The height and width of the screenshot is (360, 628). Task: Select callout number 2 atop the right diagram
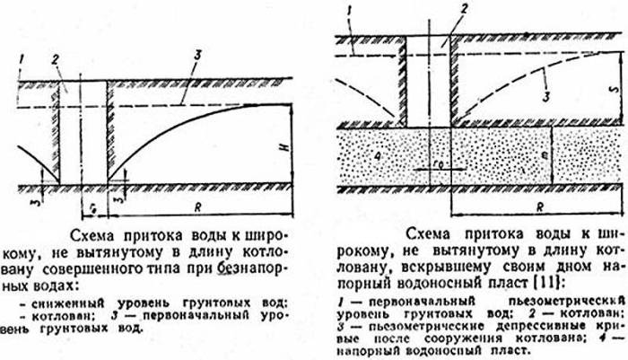click(464, 7)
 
